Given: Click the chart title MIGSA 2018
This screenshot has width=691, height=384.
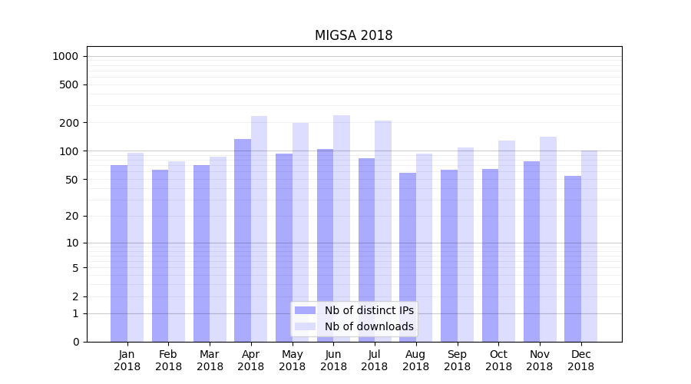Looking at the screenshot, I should [353, 36].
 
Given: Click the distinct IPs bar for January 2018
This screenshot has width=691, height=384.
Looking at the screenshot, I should [119, 253].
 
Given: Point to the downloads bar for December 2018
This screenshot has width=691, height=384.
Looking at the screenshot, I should [589, 246].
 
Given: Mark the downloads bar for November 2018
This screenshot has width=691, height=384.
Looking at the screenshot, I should [548, 239].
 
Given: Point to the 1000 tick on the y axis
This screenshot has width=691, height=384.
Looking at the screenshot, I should [65, 56].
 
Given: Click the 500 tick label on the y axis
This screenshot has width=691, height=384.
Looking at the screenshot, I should [69, 84].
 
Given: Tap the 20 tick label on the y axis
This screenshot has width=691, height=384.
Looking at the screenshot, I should [72, 216].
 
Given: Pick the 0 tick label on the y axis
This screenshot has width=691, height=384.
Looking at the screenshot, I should [75, 342].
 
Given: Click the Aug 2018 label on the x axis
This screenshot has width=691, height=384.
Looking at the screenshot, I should [415, 360].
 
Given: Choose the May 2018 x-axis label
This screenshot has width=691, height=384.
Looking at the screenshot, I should [292, 360].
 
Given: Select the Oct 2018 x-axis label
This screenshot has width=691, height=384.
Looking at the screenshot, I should [498, 360].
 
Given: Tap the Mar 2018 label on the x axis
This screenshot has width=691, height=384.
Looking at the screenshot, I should [210, 360].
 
